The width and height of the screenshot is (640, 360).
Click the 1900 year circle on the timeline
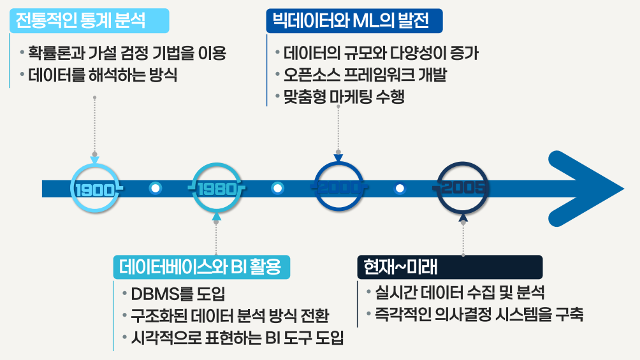[94, 189]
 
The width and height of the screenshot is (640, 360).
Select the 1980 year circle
[217, 189]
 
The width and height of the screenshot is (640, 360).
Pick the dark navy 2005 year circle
[462, 189]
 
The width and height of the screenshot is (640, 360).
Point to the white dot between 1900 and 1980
[156, 189]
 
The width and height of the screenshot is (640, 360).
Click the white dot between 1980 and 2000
[278, 189]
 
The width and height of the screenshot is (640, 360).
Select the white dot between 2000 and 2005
[400, 189]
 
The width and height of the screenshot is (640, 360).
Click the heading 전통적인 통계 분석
[81, 20]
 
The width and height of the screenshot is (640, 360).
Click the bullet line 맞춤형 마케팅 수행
[344, 97]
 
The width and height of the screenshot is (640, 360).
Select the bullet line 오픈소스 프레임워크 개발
[365, 75]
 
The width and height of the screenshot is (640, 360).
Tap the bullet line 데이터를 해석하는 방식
[103, 75]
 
